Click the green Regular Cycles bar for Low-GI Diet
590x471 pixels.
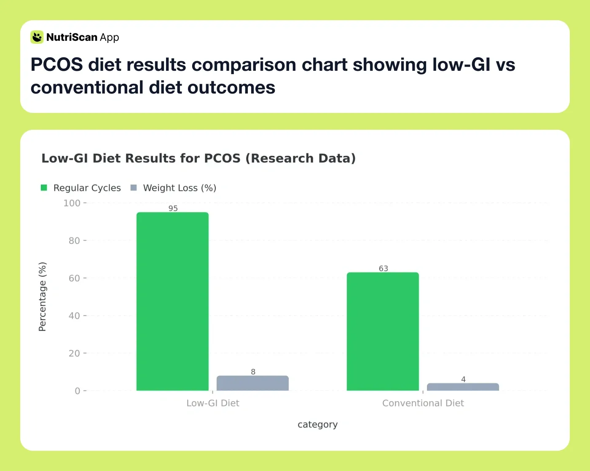pos(172,301)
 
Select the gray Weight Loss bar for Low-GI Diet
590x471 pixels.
pos(252,383)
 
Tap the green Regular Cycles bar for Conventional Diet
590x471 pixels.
pos(383,331)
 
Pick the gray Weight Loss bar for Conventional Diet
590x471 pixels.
pos(463,387)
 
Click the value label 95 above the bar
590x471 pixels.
pos(173,208)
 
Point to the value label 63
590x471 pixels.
pos(383,268)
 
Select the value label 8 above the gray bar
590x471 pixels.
pos(253,372)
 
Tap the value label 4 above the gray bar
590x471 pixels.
pos(463,379)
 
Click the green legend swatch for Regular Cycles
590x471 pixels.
pos(44,188)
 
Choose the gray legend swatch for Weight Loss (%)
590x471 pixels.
pos(134,188)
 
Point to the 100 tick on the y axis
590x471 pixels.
pos(72,203)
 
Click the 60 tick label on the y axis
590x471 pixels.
pos(74,278)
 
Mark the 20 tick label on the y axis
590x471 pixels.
pos(74,353)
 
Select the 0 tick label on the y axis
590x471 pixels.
pos(77,391)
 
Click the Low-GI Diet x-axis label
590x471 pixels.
pos(213,403)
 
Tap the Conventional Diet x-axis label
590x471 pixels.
pos(423,403)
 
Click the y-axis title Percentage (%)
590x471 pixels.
pos(43,297)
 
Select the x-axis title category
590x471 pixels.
pos(317,424)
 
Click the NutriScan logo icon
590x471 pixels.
pos(37,37)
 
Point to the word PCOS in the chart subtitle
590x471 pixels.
pos(222,158)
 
